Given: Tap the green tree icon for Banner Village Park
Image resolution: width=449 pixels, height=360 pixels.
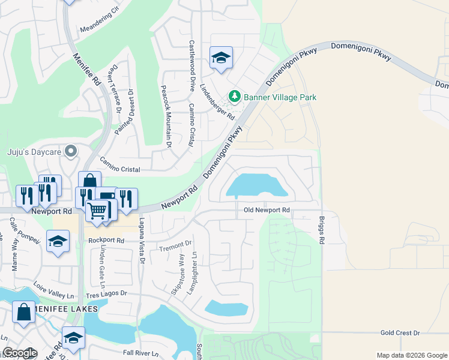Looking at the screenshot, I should click(x=234, y=97).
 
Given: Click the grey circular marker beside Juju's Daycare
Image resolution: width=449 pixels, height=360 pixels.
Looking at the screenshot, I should click(x=71, y=151).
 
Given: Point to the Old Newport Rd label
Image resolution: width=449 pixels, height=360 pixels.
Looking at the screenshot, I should click(x=267, y=211).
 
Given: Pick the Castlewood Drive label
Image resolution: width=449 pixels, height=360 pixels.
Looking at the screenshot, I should click(x=191, y=65).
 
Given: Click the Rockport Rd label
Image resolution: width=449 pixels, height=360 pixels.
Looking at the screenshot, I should click(x=106, y=240).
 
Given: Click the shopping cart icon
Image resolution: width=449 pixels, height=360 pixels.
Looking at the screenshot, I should click(x=97, y=211).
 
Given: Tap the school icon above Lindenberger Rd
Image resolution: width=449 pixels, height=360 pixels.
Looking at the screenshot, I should click(x=221, y=58).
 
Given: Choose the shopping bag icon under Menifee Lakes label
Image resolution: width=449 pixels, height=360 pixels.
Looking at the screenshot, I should click(x=24, y=312).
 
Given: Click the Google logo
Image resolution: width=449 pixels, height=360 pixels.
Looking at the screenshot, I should click(x=20, y=353).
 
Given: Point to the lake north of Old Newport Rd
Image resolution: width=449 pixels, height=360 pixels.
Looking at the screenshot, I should click(x=255, y=185).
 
